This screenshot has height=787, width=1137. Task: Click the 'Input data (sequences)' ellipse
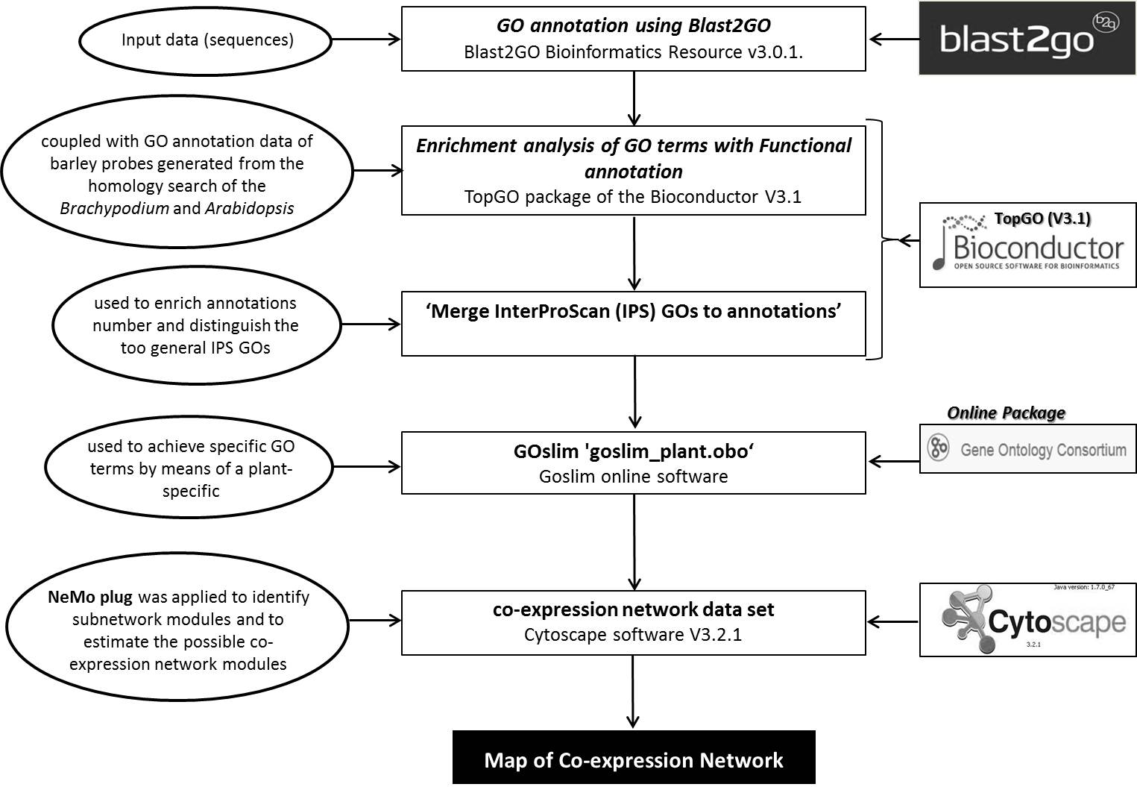click(x=206, y=40)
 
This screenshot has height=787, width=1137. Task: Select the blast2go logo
click(x=1028, y=38)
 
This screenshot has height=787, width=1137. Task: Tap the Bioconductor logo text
click(x=1038, y=248)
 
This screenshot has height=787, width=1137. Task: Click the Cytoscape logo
click(x=1028, y=620)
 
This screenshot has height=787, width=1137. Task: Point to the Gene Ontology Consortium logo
click(x=1028, y=449)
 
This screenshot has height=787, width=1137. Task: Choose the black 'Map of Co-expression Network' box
click(x=634, y=757)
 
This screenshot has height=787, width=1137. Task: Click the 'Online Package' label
click(x=1006, y=413)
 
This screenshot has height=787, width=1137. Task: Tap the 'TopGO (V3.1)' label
click(x=1042, y=219)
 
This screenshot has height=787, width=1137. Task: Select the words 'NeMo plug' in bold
click(x=90, y=597)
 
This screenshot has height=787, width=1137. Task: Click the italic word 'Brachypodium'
click(x=114, y=208)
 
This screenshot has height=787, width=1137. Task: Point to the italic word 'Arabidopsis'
click(x=250, y=208)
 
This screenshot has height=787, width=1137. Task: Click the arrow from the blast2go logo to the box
click(x=895, y=39)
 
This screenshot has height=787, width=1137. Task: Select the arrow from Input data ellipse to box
click(x=366, y=39)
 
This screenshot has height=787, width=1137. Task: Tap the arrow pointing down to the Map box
click(x=633, y=691)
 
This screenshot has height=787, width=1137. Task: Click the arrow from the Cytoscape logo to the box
click(x=893, y=621)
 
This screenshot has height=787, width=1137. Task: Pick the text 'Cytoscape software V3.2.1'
click(x=633, y=635)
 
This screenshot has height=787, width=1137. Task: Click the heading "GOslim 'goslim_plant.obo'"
click(x=634, y=451)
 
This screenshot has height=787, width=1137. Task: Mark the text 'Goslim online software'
click(x=634, y=476)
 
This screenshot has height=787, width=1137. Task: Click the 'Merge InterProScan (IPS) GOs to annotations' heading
click(x=634, y=311)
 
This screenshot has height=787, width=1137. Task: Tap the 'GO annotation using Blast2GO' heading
click(x=634, y=25)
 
